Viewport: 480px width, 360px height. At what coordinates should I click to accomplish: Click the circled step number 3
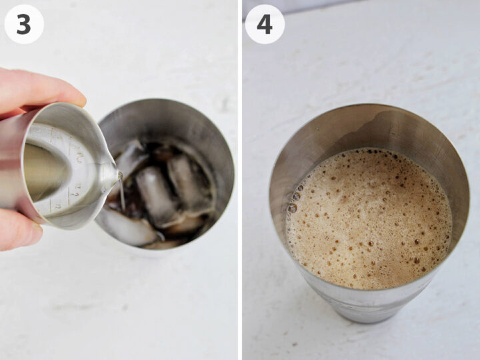[x=24, y=24]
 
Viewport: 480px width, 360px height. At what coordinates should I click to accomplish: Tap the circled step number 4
[x=265, y=24]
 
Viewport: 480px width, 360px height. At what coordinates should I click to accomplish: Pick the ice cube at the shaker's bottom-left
[x=130, y=229]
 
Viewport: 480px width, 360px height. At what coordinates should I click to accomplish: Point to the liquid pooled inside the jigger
[x=43, y=170]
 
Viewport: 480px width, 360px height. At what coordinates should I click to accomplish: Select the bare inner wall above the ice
[x=167, y=120]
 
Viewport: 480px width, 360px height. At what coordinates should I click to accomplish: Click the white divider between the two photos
[x=240, y=180]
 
